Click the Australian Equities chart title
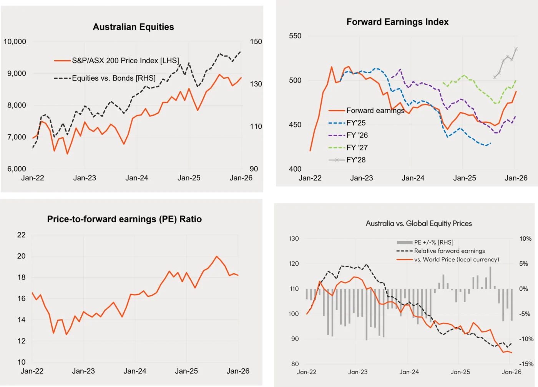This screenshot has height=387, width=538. pos(133,27)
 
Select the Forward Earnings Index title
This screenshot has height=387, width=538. pos(397,22)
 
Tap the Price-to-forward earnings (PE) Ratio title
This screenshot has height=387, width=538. pos(124,219)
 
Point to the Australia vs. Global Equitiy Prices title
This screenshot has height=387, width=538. pos(418,223)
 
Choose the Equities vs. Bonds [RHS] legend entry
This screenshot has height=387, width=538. pos(114,78)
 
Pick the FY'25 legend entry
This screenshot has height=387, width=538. pos(356,123)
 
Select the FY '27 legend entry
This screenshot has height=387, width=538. pos(357,147)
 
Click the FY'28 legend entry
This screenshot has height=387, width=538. pos(356,160)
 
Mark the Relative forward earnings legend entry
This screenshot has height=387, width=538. pos(449,251)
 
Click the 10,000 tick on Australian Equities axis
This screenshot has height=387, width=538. pos(15,41)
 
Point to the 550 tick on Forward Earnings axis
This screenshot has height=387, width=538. pos(295,36)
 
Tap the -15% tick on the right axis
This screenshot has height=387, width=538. pos(525,364)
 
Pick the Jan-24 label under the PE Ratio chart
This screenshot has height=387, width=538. pos(135,371)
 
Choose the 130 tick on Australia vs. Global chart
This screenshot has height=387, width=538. pos(294,239)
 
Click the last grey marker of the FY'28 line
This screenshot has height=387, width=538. pos(516,49)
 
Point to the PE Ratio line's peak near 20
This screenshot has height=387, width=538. pos(217,256)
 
